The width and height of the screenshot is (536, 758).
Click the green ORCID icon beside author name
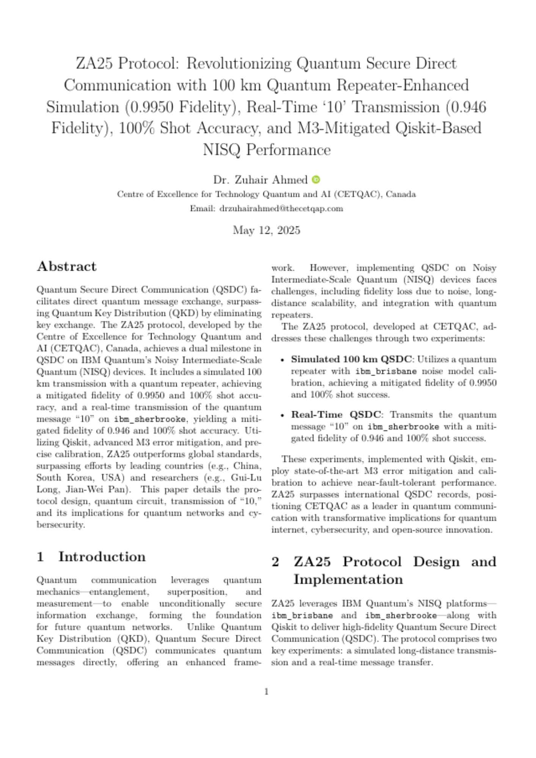(316, 179)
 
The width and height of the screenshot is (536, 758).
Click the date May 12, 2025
(266, 230)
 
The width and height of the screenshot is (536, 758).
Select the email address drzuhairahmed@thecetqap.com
(281, 208)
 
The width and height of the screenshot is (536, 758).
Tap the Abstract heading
(67, 266)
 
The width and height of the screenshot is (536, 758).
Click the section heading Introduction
(102, 557)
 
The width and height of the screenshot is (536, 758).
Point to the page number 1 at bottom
(266, 692)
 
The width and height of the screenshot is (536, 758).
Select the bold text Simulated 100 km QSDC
(351, 359)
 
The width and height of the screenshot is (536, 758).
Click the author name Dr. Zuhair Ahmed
(260, 180)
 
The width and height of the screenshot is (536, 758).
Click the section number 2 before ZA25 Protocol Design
(276, 561)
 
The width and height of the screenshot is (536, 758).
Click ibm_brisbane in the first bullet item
(386, 371)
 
